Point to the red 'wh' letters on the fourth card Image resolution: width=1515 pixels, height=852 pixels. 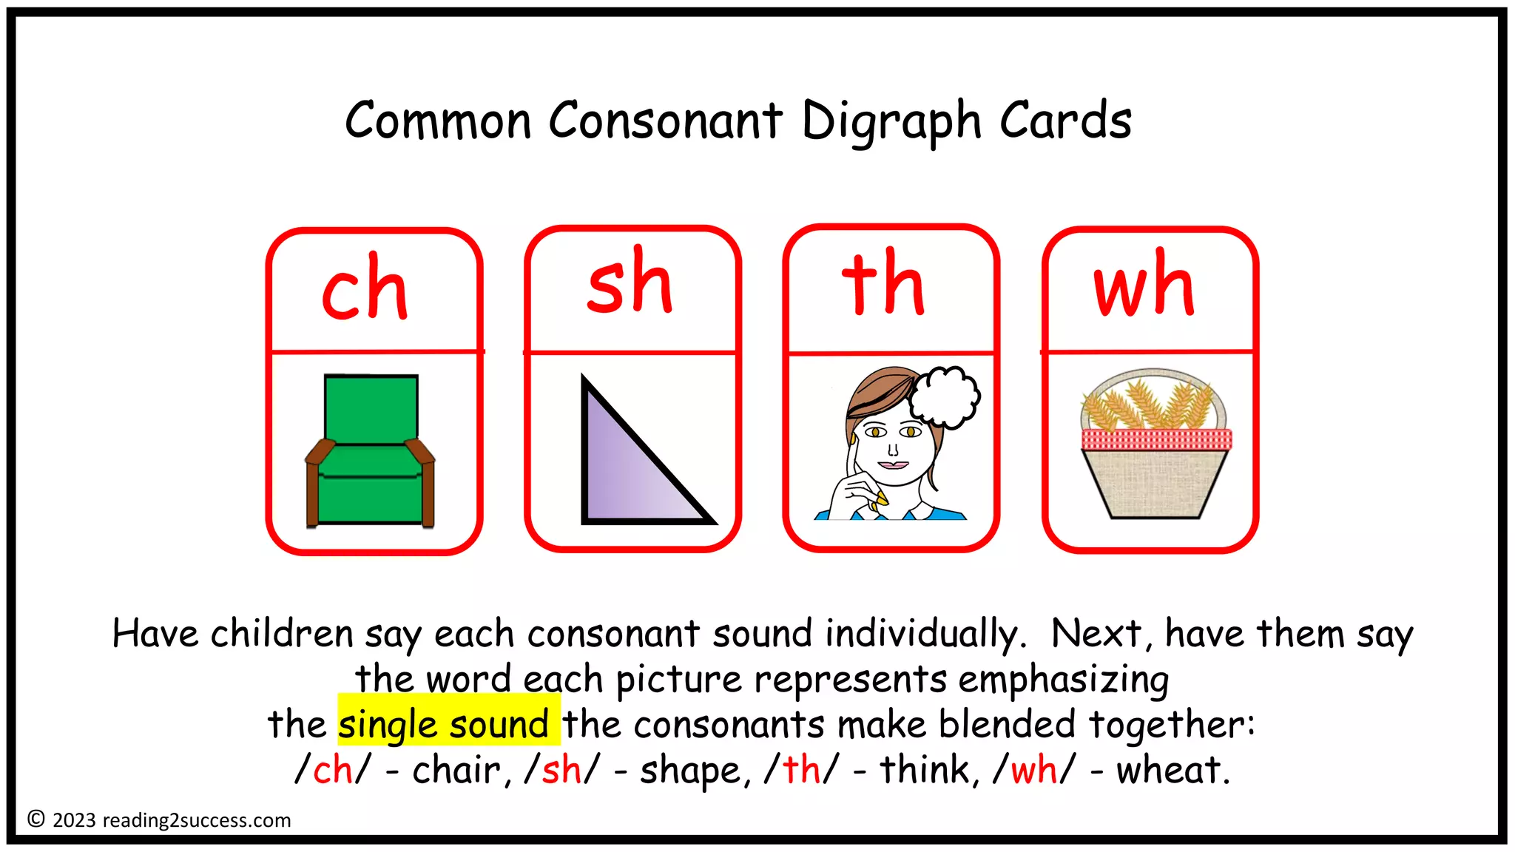click(x=1144, y=285)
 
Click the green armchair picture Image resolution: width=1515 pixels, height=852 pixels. click(x=371, y=450)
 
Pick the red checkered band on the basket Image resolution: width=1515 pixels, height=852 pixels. click(x=1156, y=439)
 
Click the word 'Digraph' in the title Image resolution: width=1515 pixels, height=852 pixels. click(x=891, y=121)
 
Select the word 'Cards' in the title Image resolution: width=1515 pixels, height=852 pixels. click(x=1065, y=121)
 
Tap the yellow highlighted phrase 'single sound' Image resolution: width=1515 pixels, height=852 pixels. click(x=445, y=724)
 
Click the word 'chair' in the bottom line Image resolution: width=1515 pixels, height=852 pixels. click(x=456, y=770)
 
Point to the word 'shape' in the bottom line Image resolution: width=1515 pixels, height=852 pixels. click(x=690, y=770)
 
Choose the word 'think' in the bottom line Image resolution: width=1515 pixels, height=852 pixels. click(x=925, y=770)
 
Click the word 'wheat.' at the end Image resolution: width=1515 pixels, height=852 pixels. click(x=1172, y=770)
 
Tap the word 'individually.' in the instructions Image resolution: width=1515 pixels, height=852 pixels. click(x=925, y=634)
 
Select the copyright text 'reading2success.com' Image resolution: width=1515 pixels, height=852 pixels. click(x=197, y=820)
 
